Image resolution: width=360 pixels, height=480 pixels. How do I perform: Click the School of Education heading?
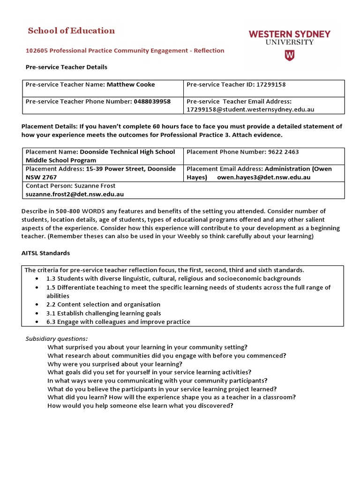[x=71, y=31]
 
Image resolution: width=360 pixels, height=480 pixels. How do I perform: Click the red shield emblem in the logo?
[x=290, y=56]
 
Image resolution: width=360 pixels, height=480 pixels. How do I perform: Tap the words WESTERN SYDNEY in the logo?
[x=289, y=34]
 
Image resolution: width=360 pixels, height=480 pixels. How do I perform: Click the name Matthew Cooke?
[x=131, y=85]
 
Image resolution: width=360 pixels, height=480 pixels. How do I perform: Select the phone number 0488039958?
[x=152, y=101]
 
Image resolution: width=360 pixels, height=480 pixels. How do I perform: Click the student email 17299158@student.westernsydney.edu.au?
[x=250, y=109]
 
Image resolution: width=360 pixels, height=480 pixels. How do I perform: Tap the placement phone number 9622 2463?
[x=281, y=152]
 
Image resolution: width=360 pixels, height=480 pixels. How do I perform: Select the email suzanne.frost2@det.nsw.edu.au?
[x=75, y=194]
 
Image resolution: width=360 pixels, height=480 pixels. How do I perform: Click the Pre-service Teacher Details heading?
[x=66, y=67]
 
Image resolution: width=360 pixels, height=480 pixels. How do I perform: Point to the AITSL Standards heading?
[x=45, y=253]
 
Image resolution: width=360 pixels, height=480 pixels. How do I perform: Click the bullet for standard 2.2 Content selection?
[x=37, y=305]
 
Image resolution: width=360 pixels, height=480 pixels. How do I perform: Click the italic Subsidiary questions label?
[x=56, y=339]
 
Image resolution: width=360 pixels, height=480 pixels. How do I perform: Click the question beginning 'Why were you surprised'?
[x=115, y=364]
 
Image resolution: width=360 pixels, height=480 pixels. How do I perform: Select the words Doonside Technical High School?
[x=127, y=152]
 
